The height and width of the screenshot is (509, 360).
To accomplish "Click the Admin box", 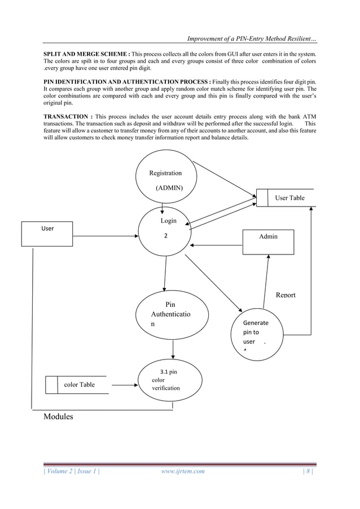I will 268,237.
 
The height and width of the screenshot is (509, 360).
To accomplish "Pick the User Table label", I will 289,198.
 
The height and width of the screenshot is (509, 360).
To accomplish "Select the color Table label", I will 80,385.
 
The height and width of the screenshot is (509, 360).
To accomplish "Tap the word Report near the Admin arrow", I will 286,295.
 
